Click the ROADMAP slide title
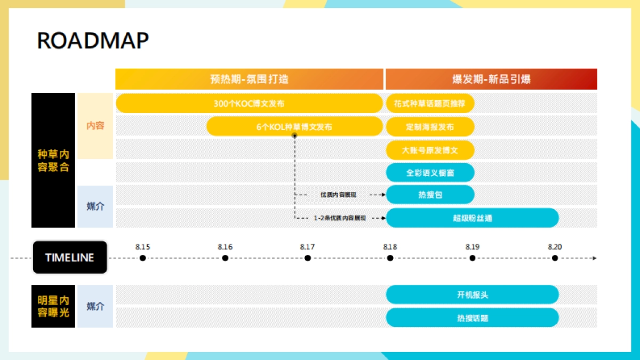pos(93,41)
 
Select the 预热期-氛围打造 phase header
pos(249,79)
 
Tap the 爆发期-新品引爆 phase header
pos(491,79)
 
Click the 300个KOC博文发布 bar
pos(249,103)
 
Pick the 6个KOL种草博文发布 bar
pos(294,127)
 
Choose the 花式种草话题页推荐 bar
pos(429,103)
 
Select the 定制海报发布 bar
pos(429,127)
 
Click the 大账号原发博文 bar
pos(429,150)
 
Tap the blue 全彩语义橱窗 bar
pos(429,173)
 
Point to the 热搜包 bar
pos(429,195)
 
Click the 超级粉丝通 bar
pos(472,218)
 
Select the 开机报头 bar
pos(472,294)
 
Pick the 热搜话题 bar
pos(472,318)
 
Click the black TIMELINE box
pos(70,258)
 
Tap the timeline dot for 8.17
pos(308,258)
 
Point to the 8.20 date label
pos(555,247)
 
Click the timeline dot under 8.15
pos(142,258)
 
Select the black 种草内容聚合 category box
pos(53,160)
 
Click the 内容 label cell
pos(95,126)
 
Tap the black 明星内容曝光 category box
pos(53,306)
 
